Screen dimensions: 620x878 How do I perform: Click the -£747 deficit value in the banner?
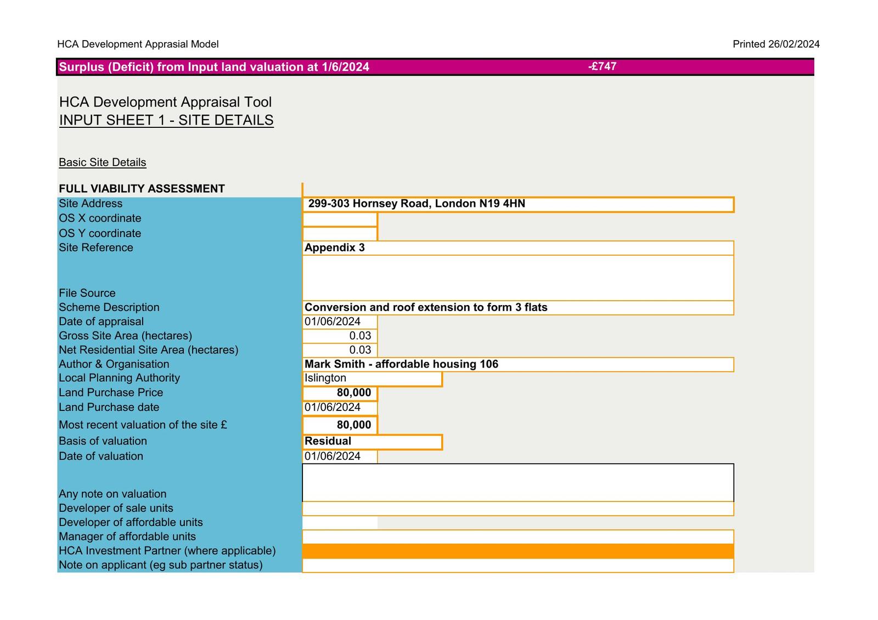[x=602, y=66]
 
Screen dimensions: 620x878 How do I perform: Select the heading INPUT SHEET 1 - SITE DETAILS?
[x=166, y=120]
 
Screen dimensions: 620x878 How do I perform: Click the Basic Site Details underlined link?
[x=103, y=162]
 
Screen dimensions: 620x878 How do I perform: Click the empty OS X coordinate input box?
[x=340, y=219]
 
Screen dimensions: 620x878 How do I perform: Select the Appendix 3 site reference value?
[x=335, y=247]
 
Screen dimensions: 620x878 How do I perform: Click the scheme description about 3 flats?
[x=426, y=307]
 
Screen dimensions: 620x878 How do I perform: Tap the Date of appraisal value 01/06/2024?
[x=333, y=322]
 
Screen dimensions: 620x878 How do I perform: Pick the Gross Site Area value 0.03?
[x=360, y=336]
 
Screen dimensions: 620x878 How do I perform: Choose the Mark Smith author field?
[x=401, y=364]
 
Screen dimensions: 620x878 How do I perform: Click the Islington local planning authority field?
[x=325, y=378]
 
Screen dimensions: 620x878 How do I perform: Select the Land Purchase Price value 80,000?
[x=354, y=393]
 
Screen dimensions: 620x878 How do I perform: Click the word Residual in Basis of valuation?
[x=328, y=441]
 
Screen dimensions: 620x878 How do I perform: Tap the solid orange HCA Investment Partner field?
[x=517, y=551]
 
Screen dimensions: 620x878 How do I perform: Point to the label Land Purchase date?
[x=109, y=407]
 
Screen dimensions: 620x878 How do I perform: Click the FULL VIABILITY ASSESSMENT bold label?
[x=142, y=189]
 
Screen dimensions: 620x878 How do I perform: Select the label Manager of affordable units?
[x=127, y=537]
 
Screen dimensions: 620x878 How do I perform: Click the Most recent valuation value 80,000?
[x=354, y=425]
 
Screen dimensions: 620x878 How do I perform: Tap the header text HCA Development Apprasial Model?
[x=138, y=44]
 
